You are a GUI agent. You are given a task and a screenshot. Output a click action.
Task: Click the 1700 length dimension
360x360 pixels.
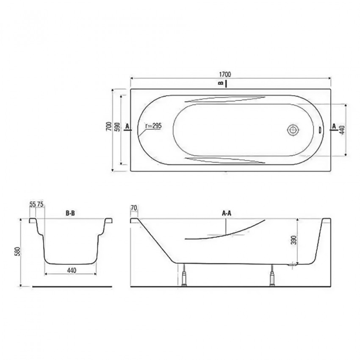click(225, 75)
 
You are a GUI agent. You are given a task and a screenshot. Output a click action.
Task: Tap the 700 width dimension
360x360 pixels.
click(109, 127)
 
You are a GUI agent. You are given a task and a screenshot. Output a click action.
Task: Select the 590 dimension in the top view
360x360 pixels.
click(117, 127)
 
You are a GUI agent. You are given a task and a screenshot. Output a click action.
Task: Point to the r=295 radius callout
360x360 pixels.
click(154, 126)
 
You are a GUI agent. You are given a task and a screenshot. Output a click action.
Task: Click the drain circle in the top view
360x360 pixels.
click(293, 130)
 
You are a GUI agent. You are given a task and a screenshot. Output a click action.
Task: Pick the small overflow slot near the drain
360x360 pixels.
click(320, 130)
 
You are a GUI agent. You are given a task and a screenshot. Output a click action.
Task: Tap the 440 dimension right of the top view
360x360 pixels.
click(342, 130)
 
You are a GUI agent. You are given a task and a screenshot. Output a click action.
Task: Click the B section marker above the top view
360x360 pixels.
click(221, 83)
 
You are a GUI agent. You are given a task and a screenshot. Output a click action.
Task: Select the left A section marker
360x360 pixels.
click(127, 126)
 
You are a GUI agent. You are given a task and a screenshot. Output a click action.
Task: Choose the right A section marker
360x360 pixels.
click(334, 126)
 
